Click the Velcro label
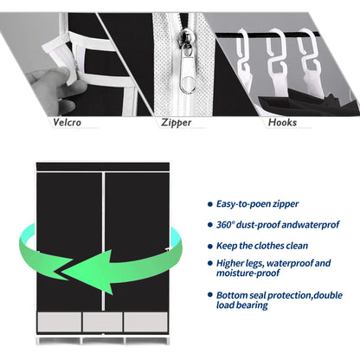pyautogui.click(x=67, y=122)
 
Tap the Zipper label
pyautogui.click(x=176, y=123)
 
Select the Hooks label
pyautogui.click(x=282, y=122)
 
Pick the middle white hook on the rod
pyautogui.click(x=278, y=62)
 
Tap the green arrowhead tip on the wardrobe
pyautogui.click(x=62, y=273)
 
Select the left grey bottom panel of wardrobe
pyautogui.click(x=60, y=322)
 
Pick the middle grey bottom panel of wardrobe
pyautogui.click(x=102, y=322)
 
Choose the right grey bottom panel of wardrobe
pyautogui.click(x=145, y=322)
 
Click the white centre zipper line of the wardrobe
pyautogui.click(x=103, y=241)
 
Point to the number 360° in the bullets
pyautogui.click(x=225, y=225)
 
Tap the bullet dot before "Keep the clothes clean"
pyautogui.click(x=210, y=246)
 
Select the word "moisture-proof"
pyautogui.click(x=247, y=273)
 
